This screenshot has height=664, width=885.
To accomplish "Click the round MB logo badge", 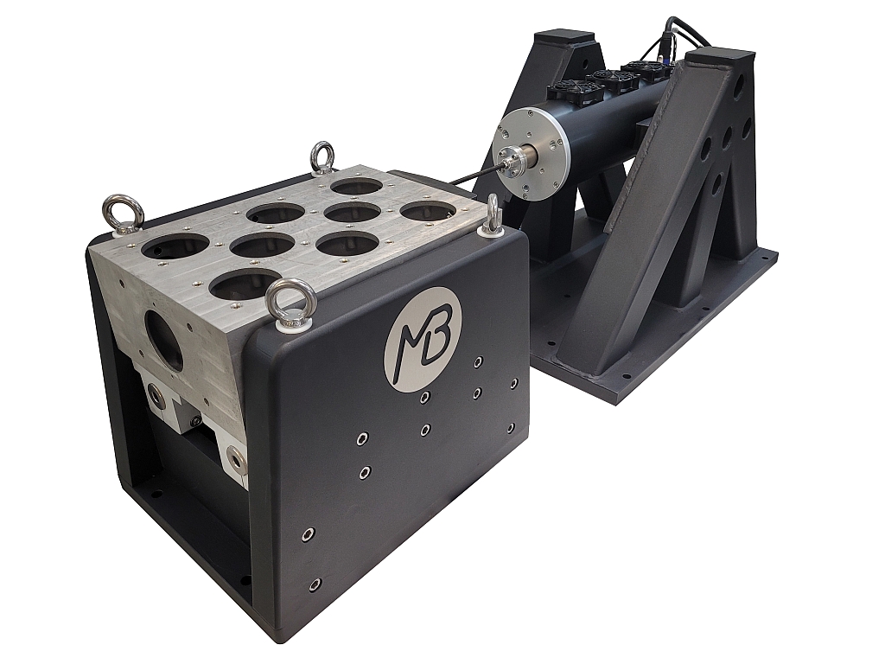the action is click(x=423, y=338).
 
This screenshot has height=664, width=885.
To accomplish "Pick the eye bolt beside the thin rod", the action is click(x=491, y=217).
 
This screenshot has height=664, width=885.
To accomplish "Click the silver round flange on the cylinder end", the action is click(x=529, y=154).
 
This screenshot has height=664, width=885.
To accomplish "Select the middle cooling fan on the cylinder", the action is click(x=610, y=79).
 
